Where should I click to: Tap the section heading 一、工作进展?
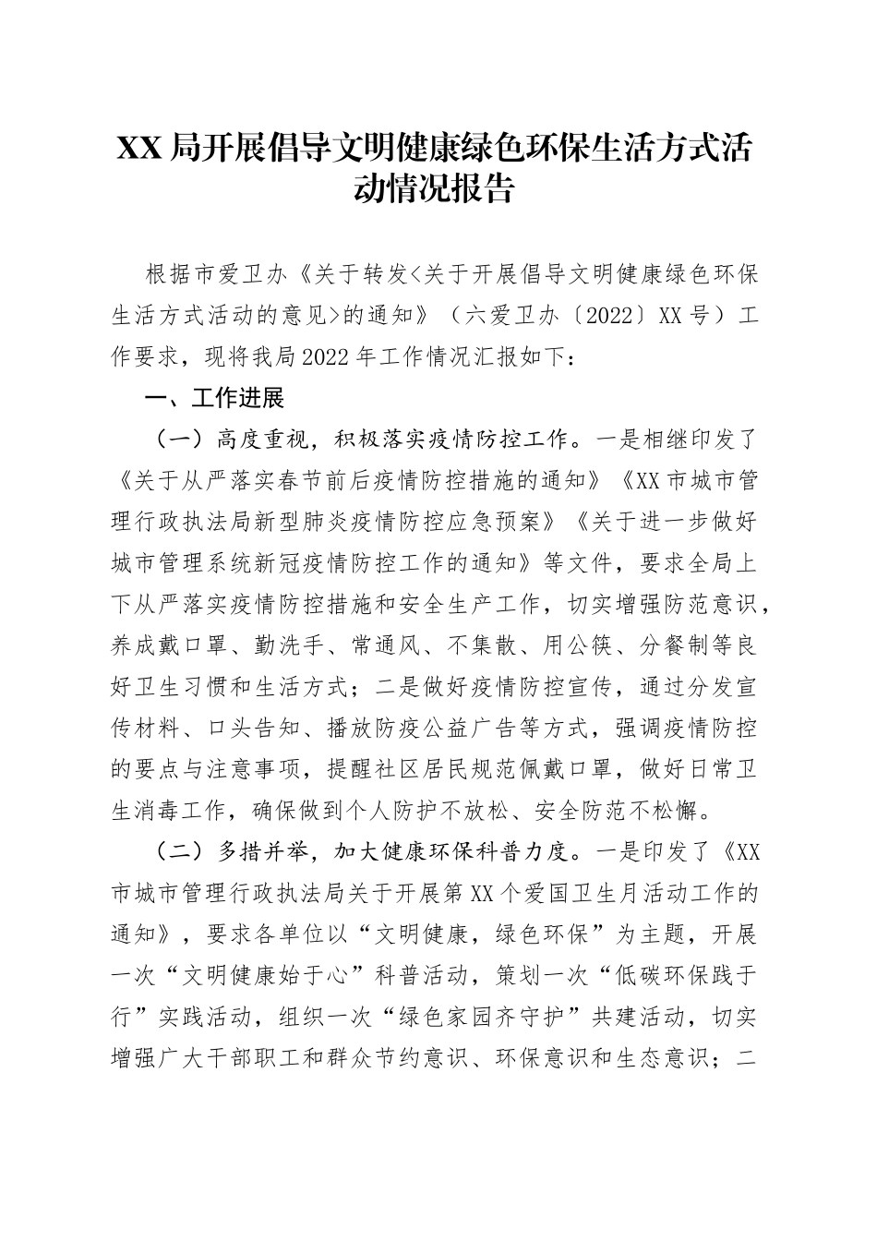pyautogui.click(x=214, y=398)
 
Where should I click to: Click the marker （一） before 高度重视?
pyautogui.click(x=177, y=440)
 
